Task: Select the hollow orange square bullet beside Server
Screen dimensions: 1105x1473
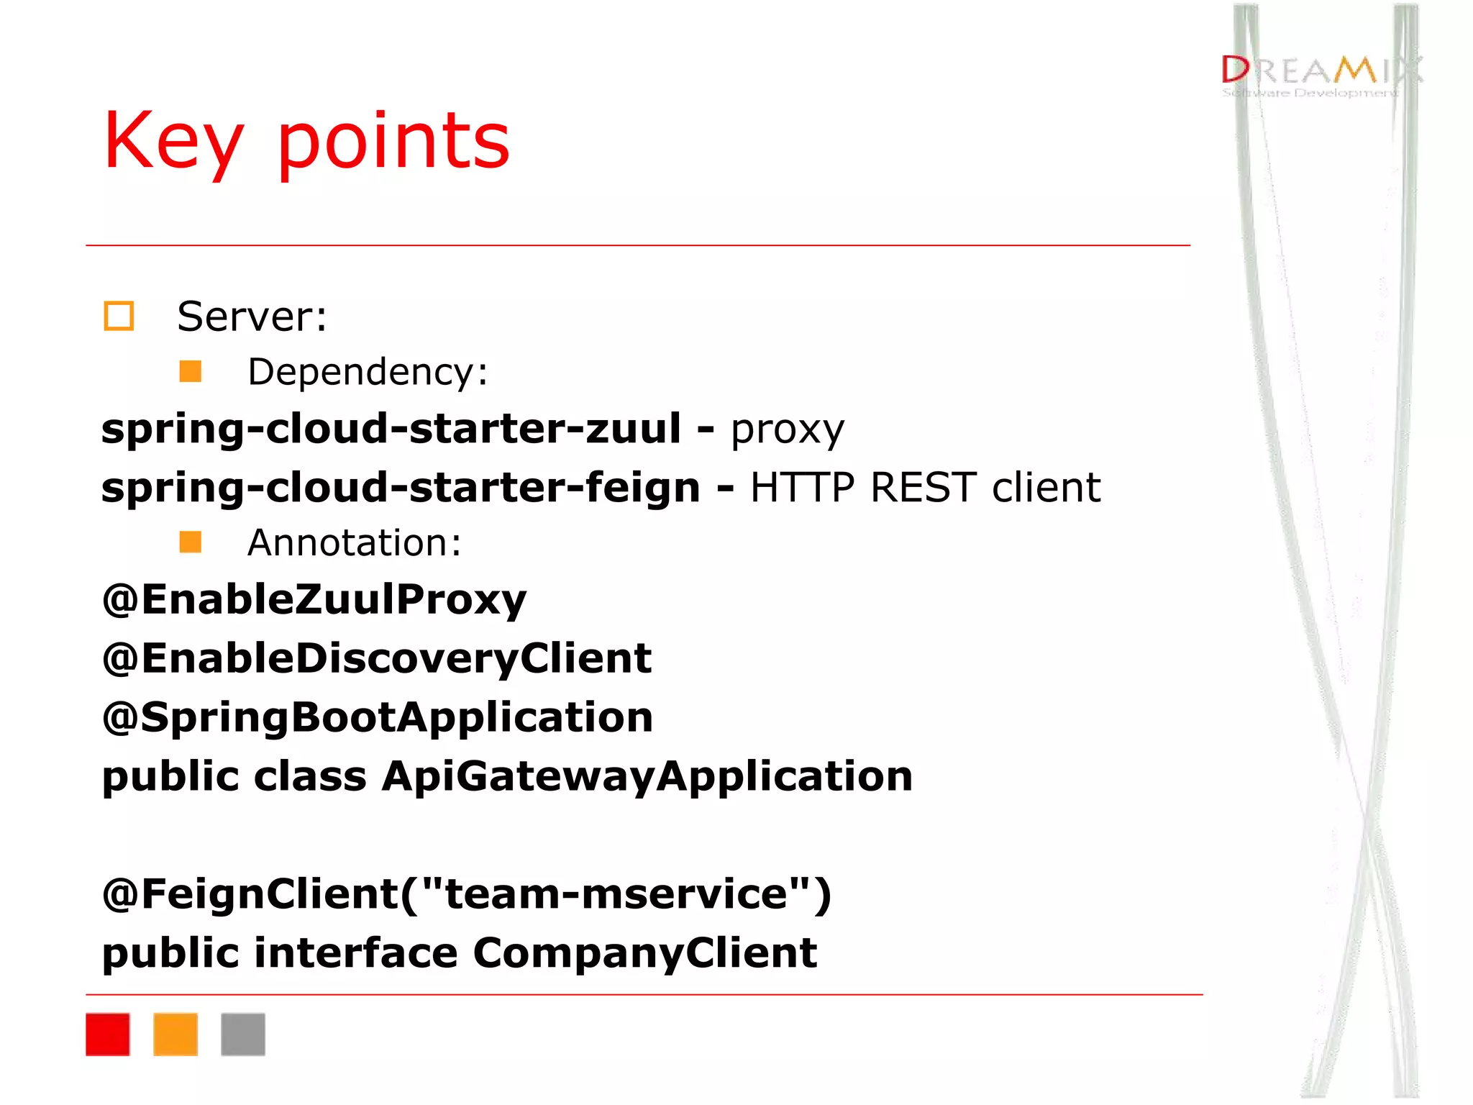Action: tap(119, 317)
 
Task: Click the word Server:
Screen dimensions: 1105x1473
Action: tap(252, 317)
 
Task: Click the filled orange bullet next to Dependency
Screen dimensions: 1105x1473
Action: tap(191, 372)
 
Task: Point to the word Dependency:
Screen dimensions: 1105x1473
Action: tap(368, 372)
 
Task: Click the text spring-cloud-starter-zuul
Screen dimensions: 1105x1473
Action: tap(391, 429)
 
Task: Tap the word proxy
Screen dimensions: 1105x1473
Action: tap(787, 430)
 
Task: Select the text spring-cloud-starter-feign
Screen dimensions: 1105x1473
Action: tap(401, 488)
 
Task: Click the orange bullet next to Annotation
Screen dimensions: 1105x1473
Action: tap(191, 542)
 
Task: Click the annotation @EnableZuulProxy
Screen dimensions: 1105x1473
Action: tap(314, 599)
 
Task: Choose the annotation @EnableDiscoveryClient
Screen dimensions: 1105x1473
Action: tap(377, 658)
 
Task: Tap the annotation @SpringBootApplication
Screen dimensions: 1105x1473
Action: tap(378, 717)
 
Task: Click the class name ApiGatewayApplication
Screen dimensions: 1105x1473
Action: tap(647, 776)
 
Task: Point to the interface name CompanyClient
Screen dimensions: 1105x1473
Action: tap(644, 953)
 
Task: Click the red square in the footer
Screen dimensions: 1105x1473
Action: tap(108, 1034)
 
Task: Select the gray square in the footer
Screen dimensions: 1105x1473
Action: tap(243, 1034)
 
